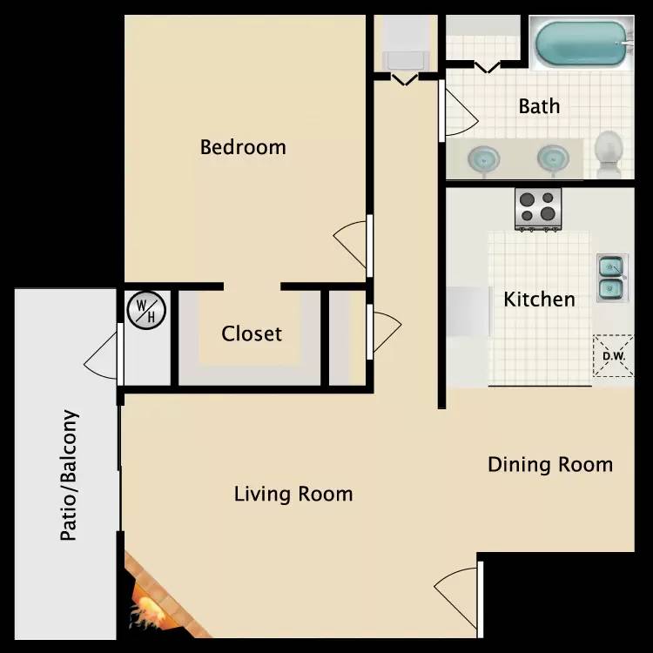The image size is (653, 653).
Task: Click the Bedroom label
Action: (243, 147)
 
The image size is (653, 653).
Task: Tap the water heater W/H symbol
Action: (146, 310)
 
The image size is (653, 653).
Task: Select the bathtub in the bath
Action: (582, 43)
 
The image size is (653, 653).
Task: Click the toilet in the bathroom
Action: (609, 153)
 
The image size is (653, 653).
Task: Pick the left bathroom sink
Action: (483, 158)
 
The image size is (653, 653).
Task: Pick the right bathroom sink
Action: (553, 158)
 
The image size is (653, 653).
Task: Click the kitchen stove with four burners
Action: (538, 209)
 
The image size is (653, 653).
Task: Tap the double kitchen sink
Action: (612, 278)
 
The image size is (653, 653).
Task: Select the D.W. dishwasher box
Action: (613, 356)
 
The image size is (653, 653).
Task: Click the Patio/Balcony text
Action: (69, 475)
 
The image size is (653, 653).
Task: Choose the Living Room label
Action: (293, 495)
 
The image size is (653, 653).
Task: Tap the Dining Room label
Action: (550, 465)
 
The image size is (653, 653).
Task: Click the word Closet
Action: (252, 333)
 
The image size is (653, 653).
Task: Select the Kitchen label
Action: (539, 300)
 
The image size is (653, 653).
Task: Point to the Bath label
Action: (539, 106)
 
